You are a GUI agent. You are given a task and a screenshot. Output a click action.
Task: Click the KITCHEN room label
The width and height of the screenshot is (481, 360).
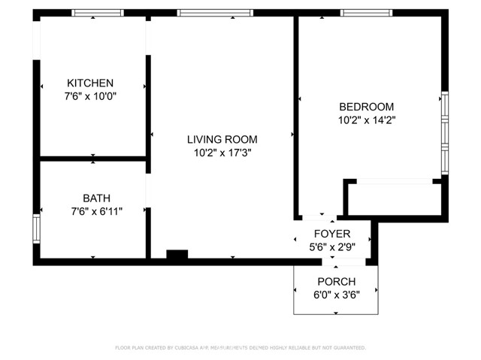click(90, 83)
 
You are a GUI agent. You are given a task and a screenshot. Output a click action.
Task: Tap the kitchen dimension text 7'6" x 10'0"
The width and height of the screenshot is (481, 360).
click(90, 96)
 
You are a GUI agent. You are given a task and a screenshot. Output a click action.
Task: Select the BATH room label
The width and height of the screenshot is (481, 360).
click(91, 198)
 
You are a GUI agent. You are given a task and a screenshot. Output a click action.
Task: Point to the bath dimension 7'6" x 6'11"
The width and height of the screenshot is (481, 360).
click(91, 212)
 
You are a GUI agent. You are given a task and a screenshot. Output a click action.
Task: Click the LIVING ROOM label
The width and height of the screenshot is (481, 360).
click(222, 139)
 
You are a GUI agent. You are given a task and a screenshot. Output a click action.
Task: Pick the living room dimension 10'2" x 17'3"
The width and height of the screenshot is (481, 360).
click(222, 153)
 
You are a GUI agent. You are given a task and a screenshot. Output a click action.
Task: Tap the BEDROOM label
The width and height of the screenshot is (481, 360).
click(366, 107)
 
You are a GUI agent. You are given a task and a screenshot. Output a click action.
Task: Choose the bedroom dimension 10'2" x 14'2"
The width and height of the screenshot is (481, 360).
click(366, 119)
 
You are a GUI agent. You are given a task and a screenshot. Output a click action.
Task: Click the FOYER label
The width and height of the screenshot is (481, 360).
click(332, 234)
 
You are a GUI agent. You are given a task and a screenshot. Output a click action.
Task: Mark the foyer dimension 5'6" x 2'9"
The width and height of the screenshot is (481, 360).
click(332, 247)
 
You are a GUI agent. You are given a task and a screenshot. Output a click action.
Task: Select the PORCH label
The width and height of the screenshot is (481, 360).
click(336, 281)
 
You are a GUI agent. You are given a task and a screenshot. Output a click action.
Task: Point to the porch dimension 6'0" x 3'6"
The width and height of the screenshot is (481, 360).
click(336, 294)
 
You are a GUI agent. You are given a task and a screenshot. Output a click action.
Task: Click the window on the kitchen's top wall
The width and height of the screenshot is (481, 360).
click(98, 13)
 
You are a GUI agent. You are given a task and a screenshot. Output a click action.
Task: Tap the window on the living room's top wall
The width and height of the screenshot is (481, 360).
click(204, 13)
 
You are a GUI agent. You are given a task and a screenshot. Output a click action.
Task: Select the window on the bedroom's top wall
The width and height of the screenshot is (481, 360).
click(366, 13)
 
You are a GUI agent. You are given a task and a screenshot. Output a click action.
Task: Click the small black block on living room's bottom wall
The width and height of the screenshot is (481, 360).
click(177, 256)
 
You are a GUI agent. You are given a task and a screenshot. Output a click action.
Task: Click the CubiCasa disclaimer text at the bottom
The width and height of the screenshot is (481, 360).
click(240, 348)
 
